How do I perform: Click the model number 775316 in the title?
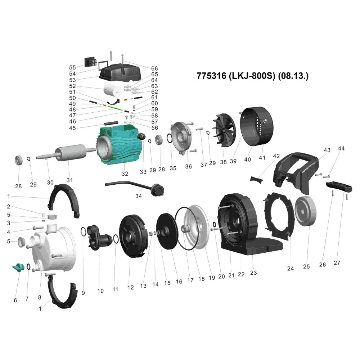pyautogui.click(x=211, y=76)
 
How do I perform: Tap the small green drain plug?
pyautogui.click(x=18, y=267)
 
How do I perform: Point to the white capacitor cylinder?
pyautogui.click(x=112, y=90)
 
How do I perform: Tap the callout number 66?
pyautogui.click(x=154, y=68)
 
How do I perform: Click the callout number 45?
pyautogui.click(x=72, y=128)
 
